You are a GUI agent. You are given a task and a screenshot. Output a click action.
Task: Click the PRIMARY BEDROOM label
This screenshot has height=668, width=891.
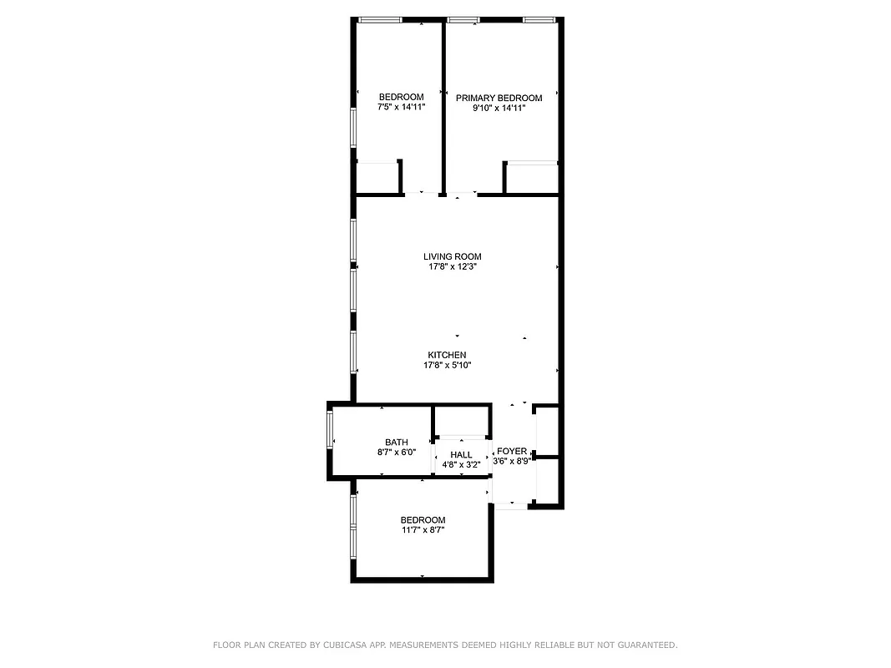click(x=499, y=98)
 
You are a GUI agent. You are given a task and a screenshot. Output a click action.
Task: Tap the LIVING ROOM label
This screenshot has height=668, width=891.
click(x=452, y=256)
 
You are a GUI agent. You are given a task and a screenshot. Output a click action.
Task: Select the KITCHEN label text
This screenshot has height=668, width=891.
click(x=447, y=355)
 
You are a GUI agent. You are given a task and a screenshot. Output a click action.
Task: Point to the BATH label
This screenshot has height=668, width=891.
click(x=396, y=443)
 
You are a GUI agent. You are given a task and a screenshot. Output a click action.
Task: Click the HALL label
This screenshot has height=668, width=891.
click(x=461, y=455)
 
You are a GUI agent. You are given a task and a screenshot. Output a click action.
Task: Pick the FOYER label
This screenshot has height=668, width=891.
click(x=512, y=451)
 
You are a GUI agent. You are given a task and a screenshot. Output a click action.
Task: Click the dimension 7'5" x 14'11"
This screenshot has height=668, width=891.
click(x=401, y=107)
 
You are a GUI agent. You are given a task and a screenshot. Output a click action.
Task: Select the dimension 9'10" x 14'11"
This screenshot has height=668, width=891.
click(x=499, y=108)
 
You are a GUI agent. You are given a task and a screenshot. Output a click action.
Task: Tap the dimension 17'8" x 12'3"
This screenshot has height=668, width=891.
click(x=452, y=267)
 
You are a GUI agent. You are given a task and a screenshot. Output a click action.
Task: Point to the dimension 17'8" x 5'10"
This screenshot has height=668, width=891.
click(x=447, y=365)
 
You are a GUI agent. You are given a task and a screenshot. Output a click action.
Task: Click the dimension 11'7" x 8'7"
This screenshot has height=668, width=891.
click(x=423, y=529)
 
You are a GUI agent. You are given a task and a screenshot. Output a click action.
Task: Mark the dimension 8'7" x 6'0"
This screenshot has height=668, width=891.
click(x=396, y=453)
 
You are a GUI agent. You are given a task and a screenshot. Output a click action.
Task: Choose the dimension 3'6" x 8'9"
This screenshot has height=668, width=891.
click(x=512, y=461)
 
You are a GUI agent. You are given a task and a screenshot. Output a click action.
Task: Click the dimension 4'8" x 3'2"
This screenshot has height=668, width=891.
click(x=461, y=465)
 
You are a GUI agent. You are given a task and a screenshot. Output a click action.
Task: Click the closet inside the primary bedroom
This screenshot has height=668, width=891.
click(x=532, y=177)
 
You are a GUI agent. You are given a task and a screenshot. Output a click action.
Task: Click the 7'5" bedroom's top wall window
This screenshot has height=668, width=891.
click(x=380, y=19)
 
